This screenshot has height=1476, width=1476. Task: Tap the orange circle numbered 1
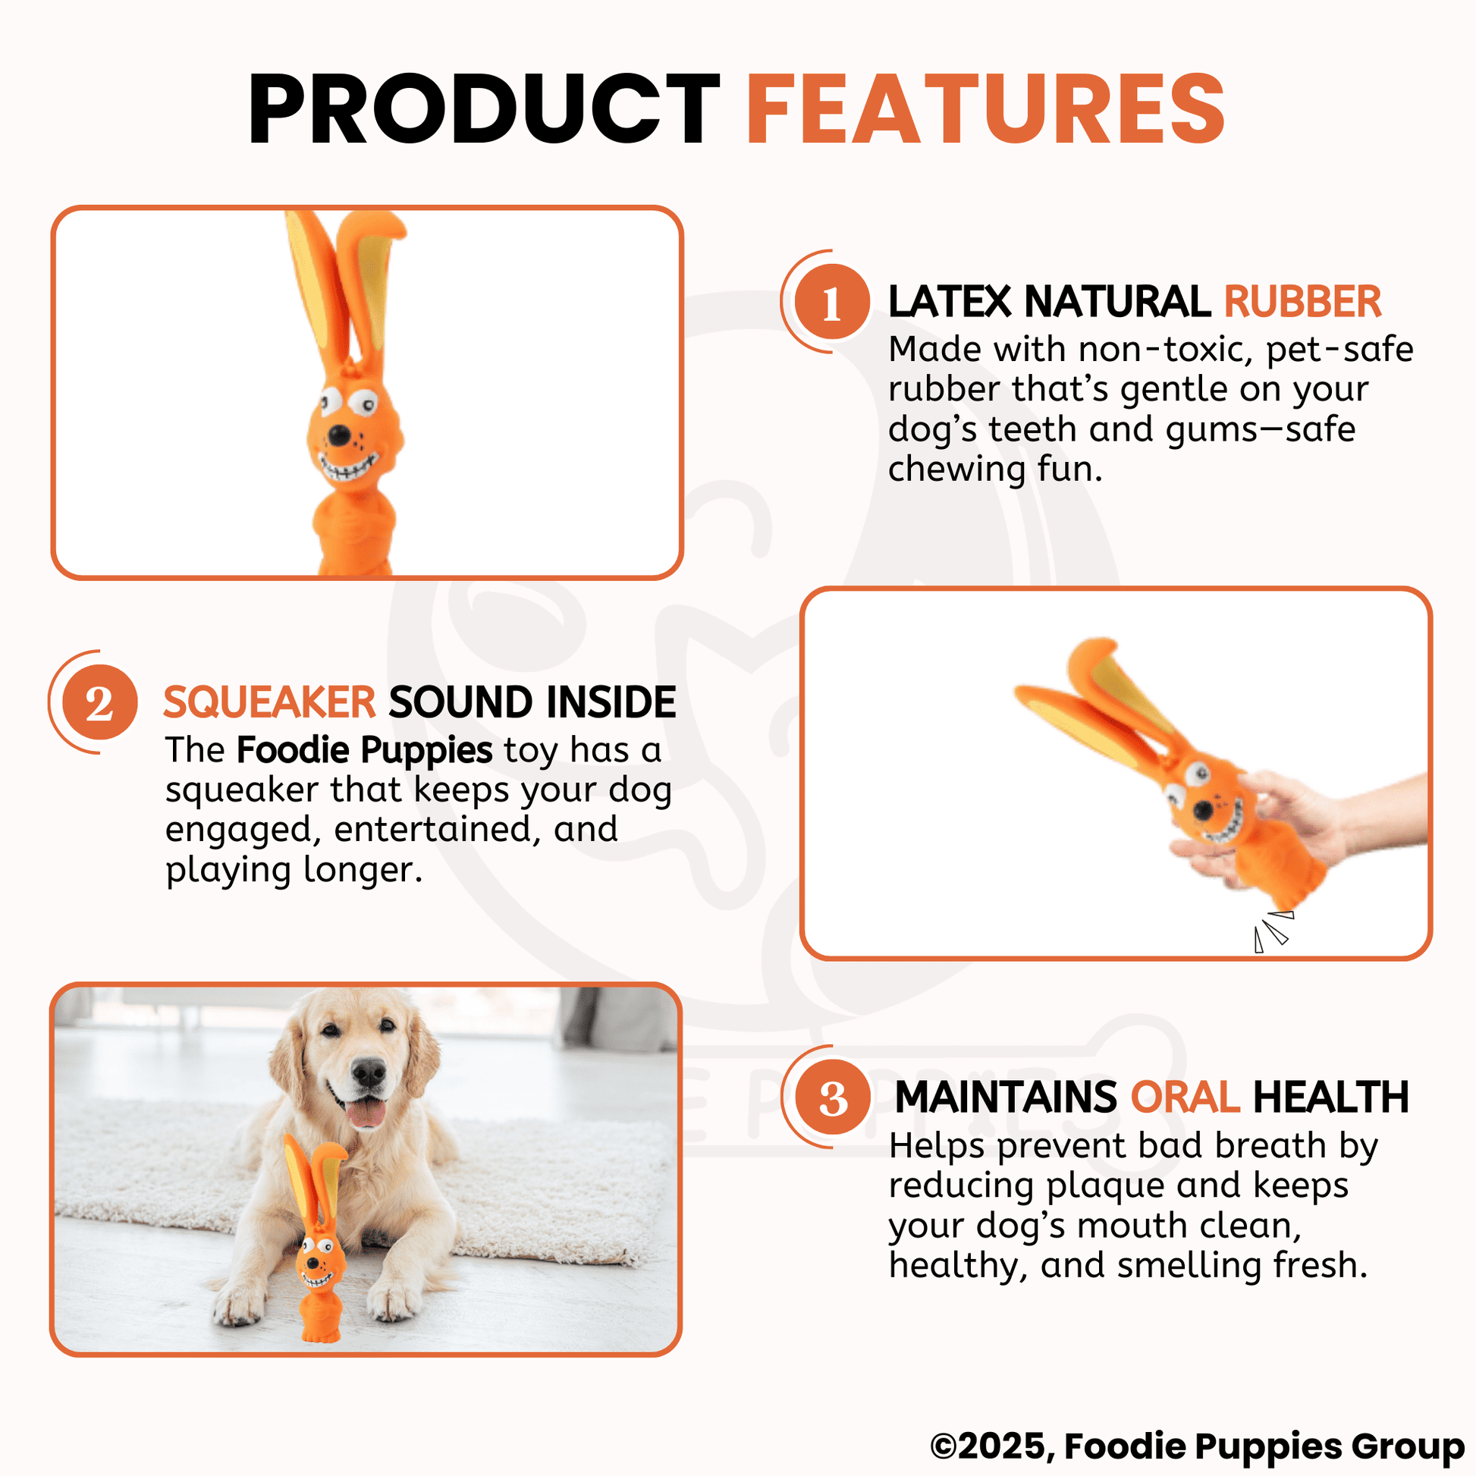coord(832,303)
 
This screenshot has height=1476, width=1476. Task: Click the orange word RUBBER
coord(1302,302)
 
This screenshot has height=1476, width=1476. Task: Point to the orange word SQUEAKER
coord(269,702)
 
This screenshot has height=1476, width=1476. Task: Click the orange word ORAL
coord(1185,1098)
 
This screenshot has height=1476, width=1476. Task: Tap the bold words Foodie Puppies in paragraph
coord(363,749)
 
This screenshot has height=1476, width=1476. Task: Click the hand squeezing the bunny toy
coord(1299,818)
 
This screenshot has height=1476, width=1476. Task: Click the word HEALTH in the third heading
coord(1330,1098)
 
